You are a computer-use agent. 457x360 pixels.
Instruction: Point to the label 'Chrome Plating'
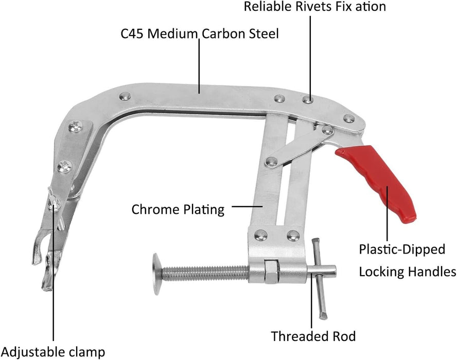point(178,210)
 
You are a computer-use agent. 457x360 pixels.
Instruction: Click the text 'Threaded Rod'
point(313,337)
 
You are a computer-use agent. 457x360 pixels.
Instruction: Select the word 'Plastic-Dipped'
point(402,250)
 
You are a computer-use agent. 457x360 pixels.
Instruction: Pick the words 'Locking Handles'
point(408,272)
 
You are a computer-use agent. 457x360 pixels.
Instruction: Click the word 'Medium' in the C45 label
point(166,34)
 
